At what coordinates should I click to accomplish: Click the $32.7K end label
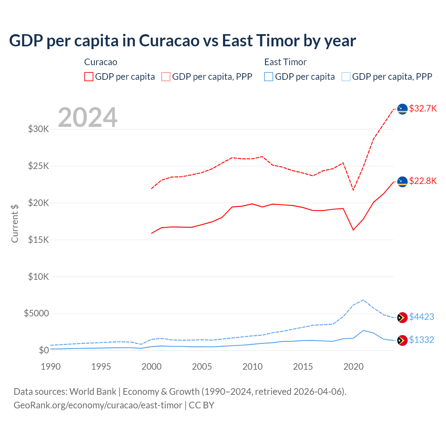[x=423, y=108]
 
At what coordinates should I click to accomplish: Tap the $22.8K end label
[x=423, y=181]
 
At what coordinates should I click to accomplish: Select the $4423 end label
[x=421, y=317]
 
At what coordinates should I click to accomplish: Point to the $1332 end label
[x=421, y=340]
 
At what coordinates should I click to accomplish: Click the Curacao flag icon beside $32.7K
[x=402, y=109]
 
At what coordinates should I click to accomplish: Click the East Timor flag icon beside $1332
[x=402, y=340]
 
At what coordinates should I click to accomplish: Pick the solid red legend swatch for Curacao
[x=89, y=77]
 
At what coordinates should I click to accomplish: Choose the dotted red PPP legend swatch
[x=166, y=77]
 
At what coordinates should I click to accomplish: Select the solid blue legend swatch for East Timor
[x=269, y=77]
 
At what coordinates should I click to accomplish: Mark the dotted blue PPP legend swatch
[x=346, y=77]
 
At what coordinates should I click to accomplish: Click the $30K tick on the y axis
[x=39, y=129]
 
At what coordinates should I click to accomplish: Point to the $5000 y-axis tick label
[x=36, y=313]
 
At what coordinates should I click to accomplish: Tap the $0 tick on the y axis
[x=44, y=350]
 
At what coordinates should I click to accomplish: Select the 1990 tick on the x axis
[x=51, y=367]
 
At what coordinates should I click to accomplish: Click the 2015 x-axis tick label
[x=303, y=367]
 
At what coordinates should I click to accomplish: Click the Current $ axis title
[x=15, y=224]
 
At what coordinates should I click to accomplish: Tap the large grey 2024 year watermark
[x=87, y=117]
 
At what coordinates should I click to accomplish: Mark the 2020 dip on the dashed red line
[x=353, y=190]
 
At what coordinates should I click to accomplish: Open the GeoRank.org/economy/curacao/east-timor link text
[x=98, y=405]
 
